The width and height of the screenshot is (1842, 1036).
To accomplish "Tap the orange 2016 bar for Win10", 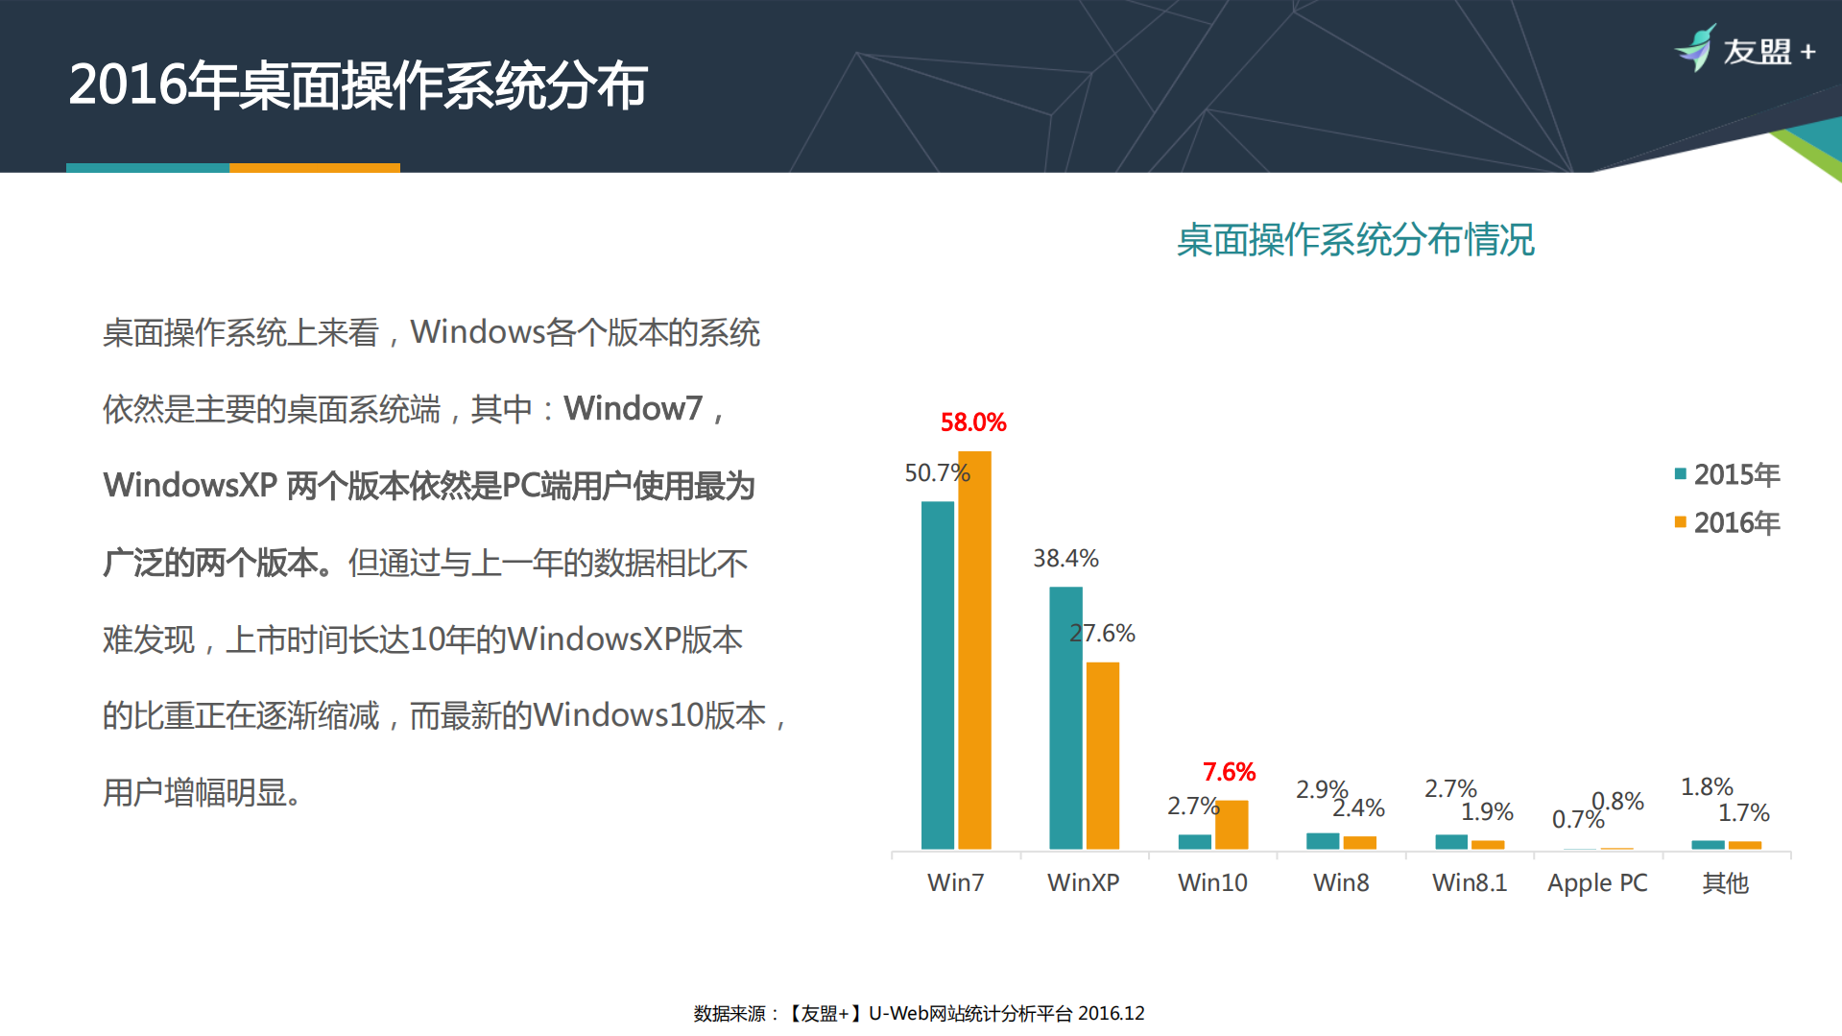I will pyautogui.click(x=1232, y=825).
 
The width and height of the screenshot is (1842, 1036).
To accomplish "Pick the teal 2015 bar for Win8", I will pyautogui.click(x=1323, y=841).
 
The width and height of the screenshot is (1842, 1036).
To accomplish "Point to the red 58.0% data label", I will pyautogui.click(x=972, y=422).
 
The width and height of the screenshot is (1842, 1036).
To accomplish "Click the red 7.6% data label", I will pyautogui.click(x=1229, y=772).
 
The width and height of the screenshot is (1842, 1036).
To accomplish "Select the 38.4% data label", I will pyautogui.click(x=1065, y=559).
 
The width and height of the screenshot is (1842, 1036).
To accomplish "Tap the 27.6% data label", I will pyautogui.click(x=1103, y=634).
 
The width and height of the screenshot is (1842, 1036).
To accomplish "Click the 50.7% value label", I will pyautogui.click(x=937, y=473).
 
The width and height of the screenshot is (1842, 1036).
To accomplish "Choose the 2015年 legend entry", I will pyautogui.click(x=1727, y=474).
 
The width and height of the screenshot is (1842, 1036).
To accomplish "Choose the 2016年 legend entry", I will pyautogui.click(x=1727, y=523).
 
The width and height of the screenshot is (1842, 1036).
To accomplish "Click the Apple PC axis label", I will pyautogui.click(x=1597, y=883).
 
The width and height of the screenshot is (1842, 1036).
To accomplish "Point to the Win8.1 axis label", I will pyautogui.click(x=1470, y=883).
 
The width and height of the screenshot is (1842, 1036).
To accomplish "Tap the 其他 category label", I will pyautogui.click(x=1725, y=883).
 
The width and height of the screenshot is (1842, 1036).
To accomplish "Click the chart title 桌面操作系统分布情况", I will pyautogui.click(x=1355, y=240).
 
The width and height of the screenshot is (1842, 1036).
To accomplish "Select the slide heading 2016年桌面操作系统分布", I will pyautogui.click(x=358, y=85).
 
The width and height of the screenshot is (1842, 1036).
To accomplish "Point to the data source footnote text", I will pyautogui.click(x=919, y=1014).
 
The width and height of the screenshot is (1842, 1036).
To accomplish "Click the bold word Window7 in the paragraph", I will pyautogui.click(x=634, y=409).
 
